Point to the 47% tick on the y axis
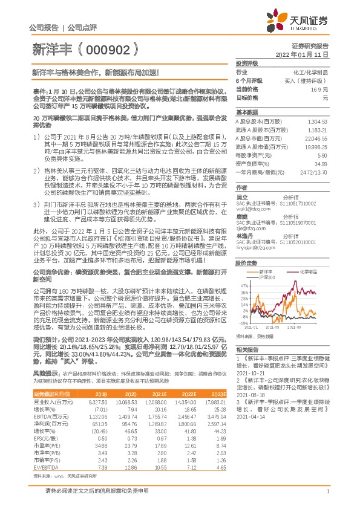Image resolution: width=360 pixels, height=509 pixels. click(x=243, y=284)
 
